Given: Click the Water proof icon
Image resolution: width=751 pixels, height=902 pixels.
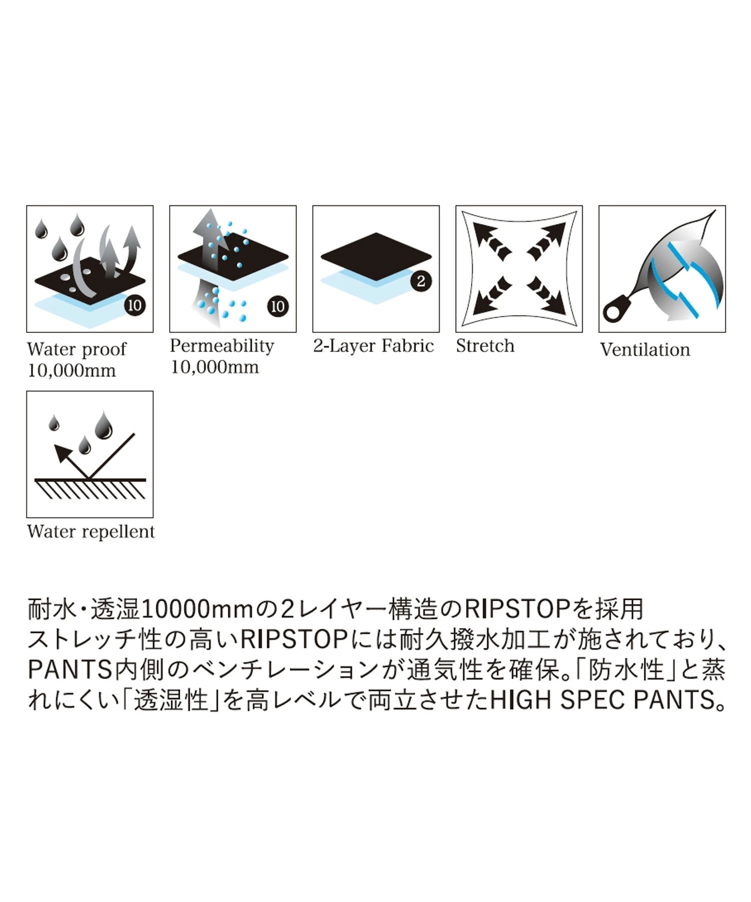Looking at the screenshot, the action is (90, 269).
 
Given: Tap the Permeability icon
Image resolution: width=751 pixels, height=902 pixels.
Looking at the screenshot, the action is (233, 269).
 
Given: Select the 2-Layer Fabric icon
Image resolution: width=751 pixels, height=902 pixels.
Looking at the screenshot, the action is (376, 269).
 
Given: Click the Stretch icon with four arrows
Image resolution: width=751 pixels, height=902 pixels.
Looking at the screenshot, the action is (519, 269).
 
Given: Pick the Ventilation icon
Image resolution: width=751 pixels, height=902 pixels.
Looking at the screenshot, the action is (662, 269).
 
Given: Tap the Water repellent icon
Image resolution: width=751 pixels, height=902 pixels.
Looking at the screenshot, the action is (90, 455).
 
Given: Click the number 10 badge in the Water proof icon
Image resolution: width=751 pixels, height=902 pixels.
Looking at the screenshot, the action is (135, 305).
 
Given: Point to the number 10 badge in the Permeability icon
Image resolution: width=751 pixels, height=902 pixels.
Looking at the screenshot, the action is (278, 306).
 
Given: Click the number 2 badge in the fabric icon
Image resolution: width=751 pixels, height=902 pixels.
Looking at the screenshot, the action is (421, 282).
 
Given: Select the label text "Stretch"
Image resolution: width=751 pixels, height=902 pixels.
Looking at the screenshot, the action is (485, 346).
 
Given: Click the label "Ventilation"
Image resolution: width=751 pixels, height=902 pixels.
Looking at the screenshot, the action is (645, 350).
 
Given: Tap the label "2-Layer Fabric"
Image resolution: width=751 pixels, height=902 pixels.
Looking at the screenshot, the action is (373, 346).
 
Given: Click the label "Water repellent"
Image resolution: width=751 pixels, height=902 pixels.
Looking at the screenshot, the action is (91, 532).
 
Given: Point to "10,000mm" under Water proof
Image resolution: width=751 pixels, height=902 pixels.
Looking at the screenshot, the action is (72, 371).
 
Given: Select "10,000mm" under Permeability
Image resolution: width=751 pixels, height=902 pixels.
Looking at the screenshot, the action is (215, 367).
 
